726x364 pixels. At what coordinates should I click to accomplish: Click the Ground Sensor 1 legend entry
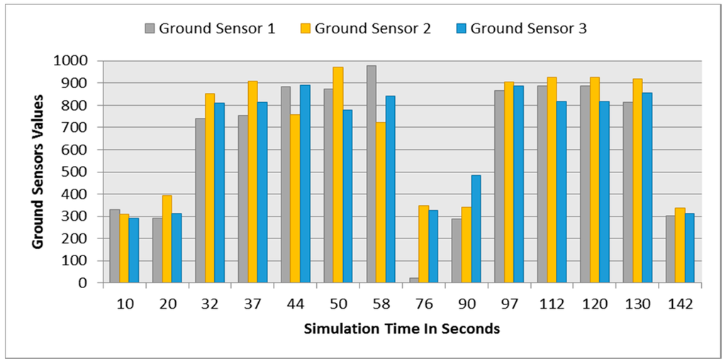point(210,29)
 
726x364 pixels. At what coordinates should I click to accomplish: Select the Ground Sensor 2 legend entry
point(365,29)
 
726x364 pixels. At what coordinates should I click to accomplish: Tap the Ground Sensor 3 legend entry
point(521,29)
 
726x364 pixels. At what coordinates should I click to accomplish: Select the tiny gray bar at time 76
point(414,280)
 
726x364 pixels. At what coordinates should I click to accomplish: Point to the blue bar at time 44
point(305,184)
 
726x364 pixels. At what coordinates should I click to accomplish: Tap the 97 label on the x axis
point(510,304)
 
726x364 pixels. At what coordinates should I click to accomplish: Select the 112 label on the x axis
point(552,304)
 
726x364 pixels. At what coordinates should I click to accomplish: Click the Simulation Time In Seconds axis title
point(402,329)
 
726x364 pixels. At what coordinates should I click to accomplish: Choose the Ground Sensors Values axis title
point(38,172)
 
